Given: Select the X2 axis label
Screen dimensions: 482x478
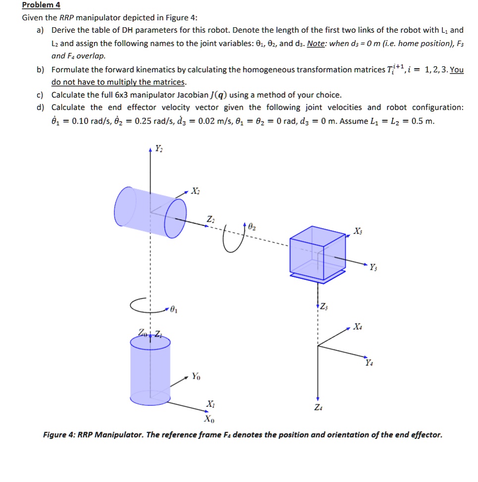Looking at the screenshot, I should tap(196, 192).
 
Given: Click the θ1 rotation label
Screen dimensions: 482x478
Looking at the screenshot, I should tap(172, 310).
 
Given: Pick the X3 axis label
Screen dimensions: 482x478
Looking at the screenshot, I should tap(358, 231).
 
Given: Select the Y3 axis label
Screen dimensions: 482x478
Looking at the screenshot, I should tap(372, 268).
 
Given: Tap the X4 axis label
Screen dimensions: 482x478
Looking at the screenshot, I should tap(358, 327).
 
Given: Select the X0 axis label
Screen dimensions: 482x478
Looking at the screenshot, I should tap(210, 419).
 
